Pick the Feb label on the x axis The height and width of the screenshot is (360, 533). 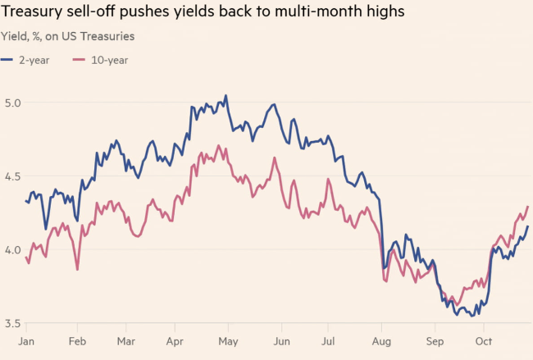pyautogui.click(x=79, y=341)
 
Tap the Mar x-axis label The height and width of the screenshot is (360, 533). pyautogui.click(x=125, y=341)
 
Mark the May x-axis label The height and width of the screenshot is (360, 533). pyautogui.click(x=227, y=341)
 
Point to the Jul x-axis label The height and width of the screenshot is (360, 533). pyautogui.click(x=329, y=341)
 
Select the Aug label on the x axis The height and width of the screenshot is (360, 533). pyautogui.click(x=382, y=341)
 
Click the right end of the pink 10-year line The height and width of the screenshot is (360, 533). pyautogui.click(x=528, y=207)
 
